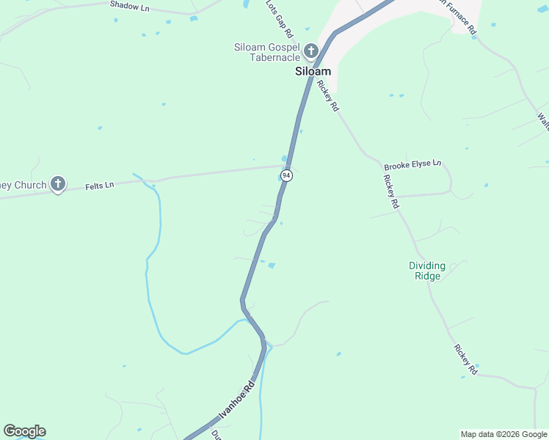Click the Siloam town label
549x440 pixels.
(313, 72)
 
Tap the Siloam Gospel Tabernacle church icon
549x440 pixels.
(310, 51)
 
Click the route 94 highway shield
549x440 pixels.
(286, 176)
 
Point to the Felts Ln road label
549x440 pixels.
(99, 186)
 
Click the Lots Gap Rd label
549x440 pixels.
(279, 20)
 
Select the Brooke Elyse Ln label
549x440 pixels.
(412, 163)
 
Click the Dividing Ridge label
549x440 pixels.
(427, 271)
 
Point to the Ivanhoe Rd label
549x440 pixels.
(236, 400)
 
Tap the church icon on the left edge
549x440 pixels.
(58, 185)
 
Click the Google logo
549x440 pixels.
(24, 431)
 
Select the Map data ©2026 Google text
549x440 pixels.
(503, 434)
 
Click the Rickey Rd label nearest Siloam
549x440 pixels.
(328, 95)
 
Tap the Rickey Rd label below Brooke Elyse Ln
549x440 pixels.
(390, 192)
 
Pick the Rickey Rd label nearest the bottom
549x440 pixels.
(465, 360)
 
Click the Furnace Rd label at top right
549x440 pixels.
(458, 18)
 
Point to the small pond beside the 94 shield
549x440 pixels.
(284, 159)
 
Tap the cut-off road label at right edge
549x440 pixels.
(543, 120)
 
